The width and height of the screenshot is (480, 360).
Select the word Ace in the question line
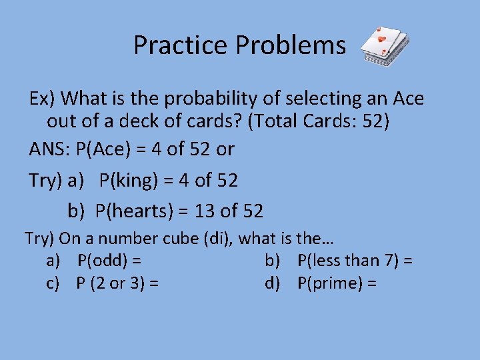pos(407,99)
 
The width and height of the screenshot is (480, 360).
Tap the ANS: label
pos(50,149)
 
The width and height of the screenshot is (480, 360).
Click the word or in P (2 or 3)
pos(117,283)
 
